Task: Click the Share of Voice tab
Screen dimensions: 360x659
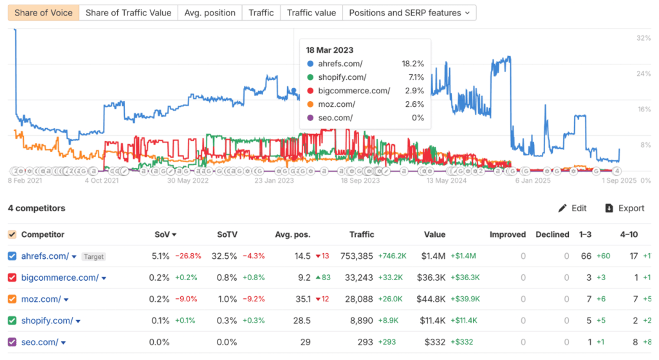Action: click(x=44, y=13)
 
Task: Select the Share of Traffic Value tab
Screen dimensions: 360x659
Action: click(x=128, y=13)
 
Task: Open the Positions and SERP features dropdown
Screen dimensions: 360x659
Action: click(x=409, y=13)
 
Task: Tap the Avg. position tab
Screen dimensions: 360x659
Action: click(x=210, y=13)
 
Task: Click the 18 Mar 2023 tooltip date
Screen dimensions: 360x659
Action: click(x=329, y=50)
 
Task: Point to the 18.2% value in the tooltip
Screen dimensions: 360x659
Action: click(x=413, y=64)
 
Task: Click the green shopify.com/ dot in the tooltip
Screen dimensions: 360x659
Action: click(x=311, y=77)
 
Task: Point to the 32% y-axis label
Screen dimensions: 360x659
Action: click(x=643, y=38)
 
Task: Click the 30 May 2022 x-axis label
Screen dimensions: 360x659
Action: click(x=188, y=181)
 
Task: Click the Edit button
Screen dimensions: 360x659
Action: click(x=572, y=208)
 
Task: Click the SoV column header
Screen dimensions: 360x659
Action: click(x=165, y=234)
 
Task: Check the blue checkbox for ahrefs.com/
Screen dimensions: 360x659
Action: click(x=12, y=256)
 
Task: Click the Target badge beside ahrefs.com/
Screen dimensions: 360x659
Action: click(x=93, y=256)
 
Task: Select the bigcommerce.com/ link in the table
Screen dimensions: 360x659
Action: click(x=59, y=278)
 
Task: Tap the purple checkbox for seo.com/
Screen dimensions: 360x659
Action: click(x=12, y=342)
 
